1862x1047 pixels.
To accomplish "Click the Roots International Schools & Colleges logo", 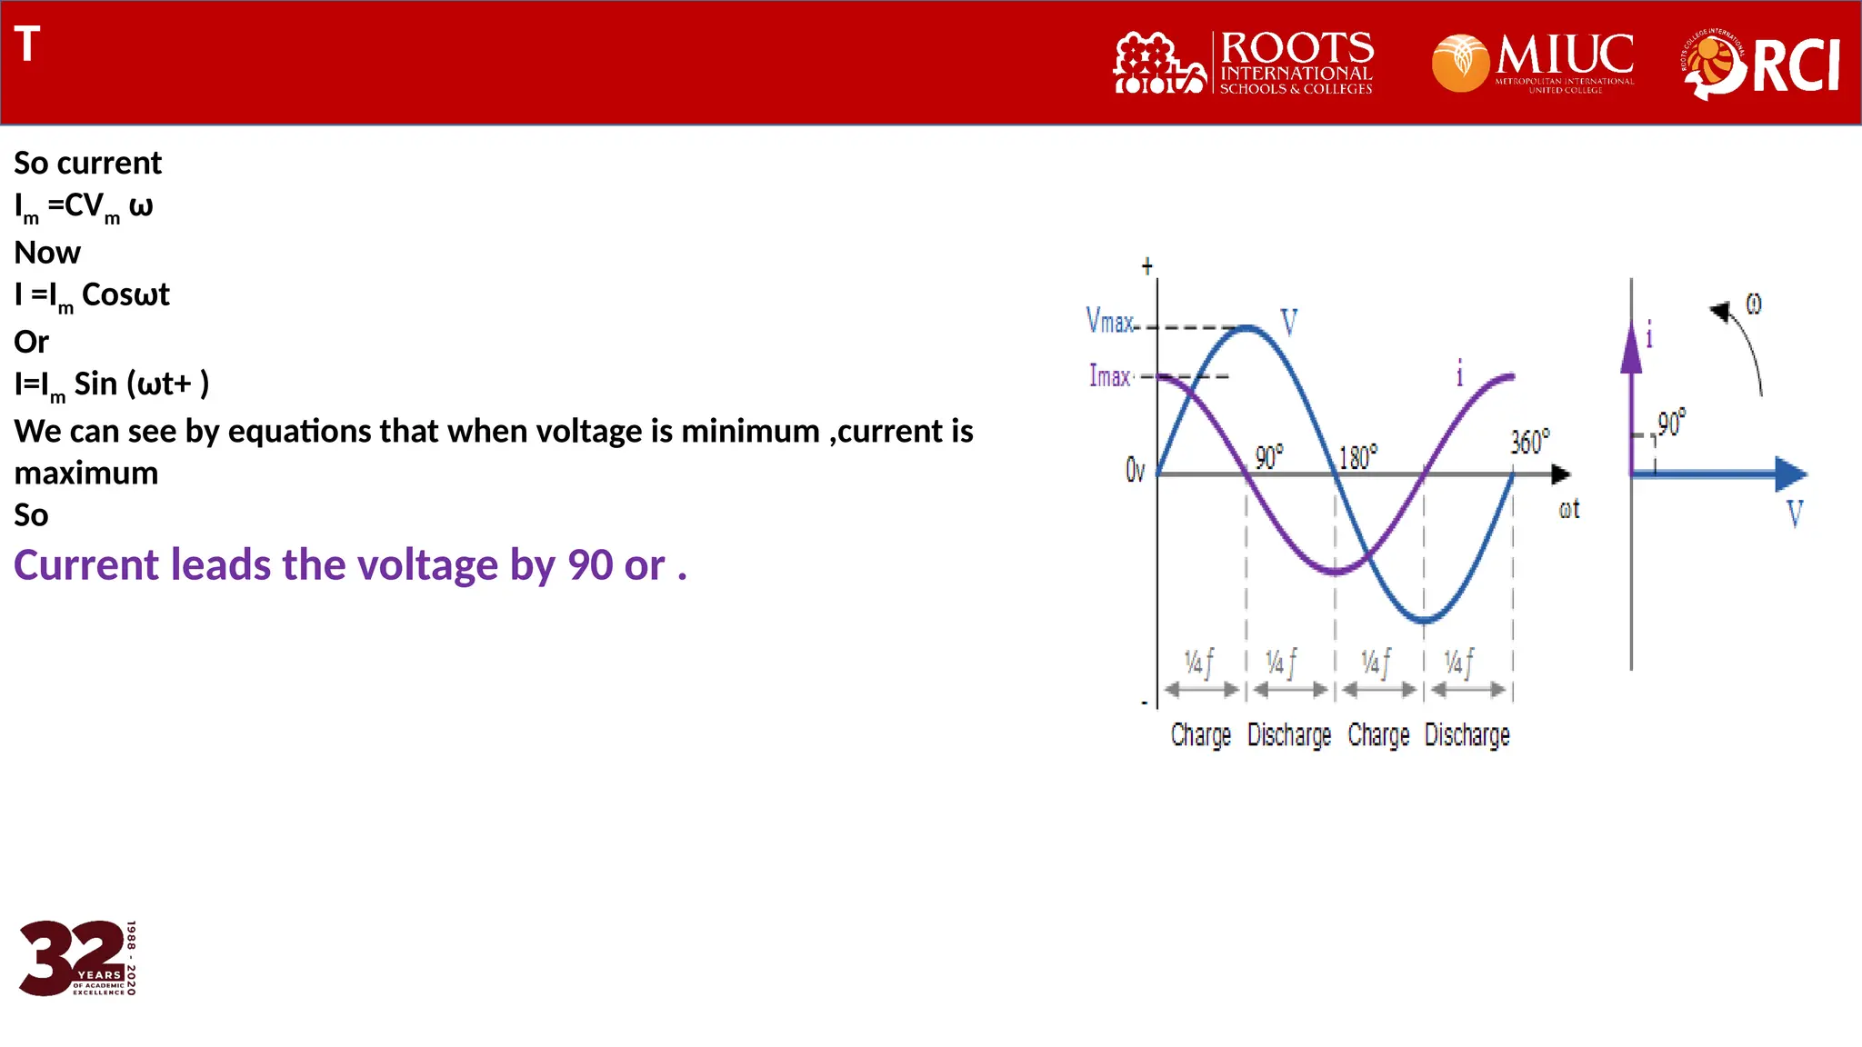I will point(1243,62).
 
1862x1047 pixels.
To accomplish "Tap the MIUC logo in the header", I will point(1533,62).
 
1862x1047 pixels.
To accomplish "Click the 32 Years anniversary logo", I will point(77,958).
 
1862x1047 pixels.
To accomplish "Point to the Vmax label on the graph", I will point(1109,321).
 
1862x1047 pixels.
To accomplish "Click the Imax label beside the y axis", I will point(1109,375).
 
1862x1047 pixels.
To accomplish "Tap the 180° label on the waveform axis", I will point(1358,456).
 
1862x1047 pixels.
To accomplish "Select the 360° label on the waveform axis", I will point(1529,442).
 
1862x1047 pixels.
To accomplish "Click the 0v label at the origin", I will point(1135,470).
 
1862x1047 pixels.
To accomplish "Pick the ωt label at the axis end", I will point(1569,510).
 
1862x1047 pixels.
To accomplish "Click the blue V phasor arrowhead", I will point(1790,474).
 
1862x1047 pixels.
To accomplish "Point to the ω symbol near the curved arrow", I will point(1754,304).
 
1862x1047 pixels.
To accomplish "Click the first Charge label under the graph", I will point(1200,734).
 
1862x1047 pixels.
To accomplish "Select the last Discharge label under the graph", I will point(1467,734).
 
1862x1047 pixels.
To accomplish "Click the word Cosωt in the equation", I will point(125,294).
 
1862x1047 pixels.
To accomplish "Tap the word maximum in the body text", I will point(86,473).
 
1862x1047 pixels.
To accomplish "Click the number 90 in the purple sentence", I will point(590,565).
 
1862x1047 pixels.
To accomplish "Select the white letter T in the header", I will point(27,44).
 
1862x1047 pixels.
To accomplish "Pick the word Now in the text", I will point(47,252).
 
